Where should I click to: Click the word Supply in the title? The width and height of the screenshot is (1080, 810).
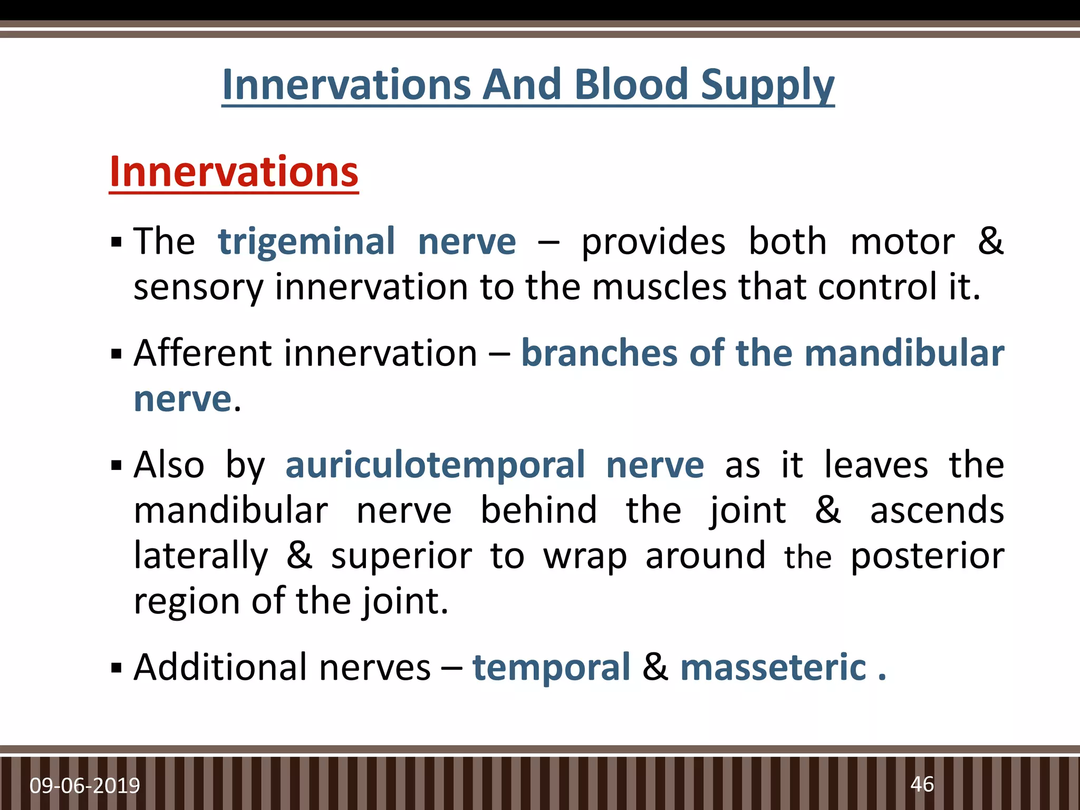(768, 86)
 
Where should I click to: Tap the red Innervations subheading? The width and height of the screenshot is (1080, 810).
(234, 172)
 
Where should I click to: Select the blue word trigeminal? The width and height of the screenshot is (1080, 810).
(306, 242)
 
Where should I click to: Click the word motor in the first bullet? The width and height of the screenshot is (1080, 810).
(902, 242)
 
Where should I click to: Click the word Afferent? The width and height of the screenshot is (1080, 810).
(202, 353)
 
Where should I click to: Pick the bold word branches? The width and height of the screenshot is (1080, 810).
(599, 353)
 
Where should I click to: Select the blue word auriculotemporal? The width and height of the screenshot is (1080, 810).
(435, 465)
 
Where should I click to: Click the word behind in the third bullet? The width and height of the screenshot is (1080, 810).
(538, 510)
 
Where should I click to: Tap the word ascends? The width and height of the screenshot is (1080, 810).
(937, 510)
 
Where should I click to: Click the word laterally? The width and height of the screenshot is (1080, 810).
(201, 556)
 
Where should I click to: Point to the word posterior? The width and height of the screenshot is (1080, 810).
(928, 556)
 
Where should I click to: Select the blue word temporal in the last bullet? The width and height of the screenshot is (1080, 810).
(551, 668)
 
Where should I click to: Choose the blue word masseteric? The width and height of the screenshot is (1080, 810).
(774, 668)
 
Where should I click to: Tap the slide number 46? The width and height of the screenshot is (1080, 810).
(922, 784)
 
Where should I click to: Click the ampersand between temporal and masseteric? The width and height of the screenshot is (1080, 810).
(655, 668)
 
